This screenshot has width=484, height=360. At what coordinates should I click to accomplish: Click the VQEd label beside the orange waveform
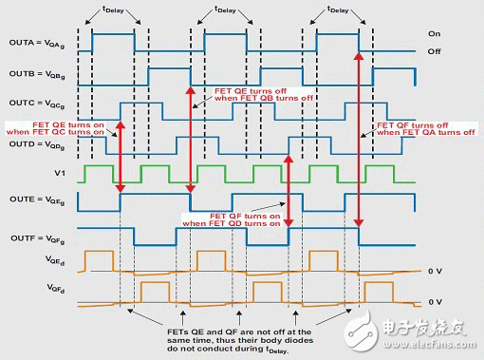29,258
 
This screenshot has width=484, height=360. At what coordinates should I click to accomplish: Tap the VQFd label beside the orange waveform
29,285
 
